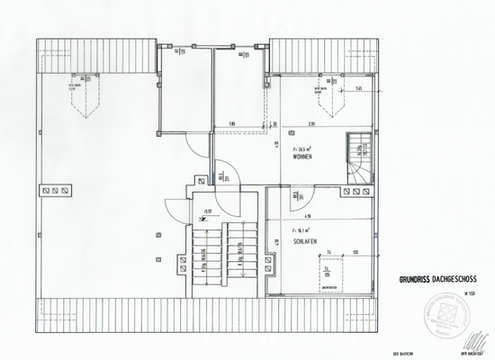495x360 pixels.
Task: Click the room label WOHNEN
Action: click(x=302, y=157)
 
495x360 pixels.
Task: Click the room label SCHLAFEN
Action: click(x=305, y=242)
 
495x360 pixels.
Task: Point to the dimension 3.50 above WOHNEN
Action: click(x=309, y=124)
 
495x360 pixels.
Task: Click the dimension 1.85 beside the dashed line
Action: click(x=231, y=124)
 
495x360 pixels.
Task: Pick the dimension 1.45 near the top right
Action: click(x=359, y=89)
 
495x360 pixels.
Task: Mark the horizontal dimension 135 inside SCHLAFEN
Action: click(x=356, y=253)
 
